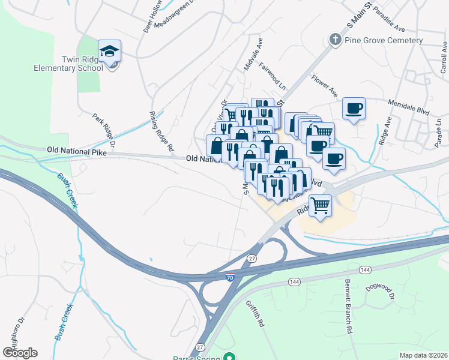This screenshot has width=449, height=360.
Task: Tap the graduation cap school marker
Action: click(109, 52)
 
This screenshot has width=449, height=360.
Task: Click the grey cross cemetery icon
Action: click(336, 40)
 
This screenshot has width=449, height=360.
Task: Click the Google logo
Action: click(20, 352)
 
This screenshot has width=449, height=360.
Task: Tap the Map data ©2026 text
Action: click(423, 355)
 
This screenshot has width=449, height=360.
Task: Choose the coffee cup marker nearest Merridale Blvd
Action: click(354, 109)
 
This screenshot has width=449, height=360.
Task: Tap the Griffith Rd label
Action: click(255, 313)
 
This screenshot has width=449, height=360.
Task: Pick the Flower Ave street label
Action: click(324, 85)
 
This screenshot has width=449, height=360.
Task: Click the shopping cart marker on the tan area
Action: click(320, 205)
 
